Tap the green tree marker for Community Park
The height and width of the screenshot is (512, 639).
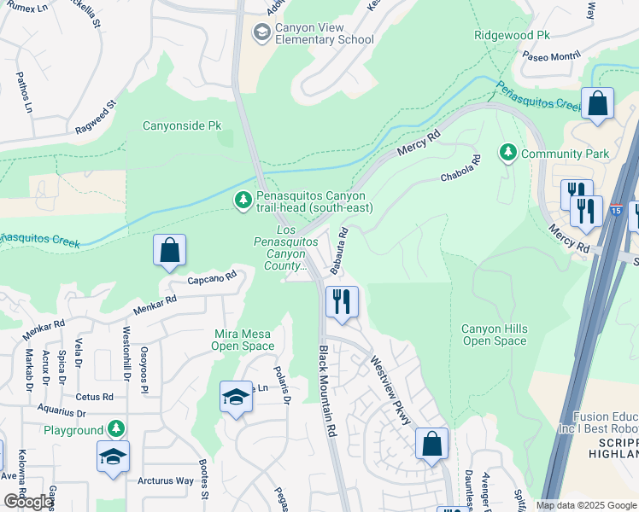(x=509, y=153)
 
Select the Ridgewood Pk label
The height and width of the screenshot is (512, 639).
(x=513, y=36)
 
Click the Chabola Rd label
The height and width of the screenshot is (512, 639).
(x=462, y=169)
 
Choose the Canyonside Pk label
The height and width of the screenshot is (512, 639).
(x=181, y=125)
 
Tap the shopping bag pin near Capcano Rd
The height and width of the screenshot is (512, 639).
(x=170, y=252)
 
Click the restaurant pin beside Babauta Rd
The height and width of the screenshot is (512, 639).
(x=341, y=302)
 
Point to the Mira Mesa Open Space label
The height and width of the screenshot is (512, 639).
(x=243, y=340)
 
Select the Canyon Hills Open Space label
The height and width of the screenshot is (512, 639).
(x=495, y=335)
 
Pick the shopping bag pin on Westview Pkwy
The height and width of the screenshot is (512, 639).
(x=432, y=445)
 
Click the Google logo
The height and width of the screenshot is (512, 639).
(x=29, y=502)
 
